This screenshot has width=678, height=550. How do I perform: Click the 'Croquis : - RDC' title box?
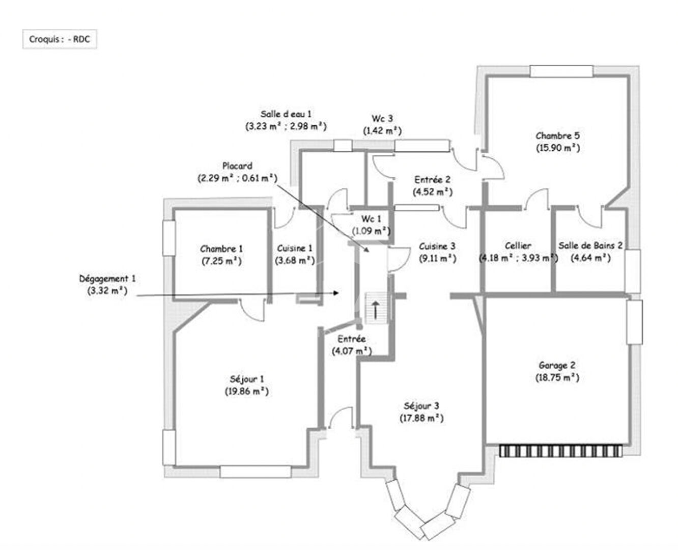click(60, 39)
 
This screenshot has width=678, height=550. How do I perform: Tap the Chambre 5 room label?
click(557, 136)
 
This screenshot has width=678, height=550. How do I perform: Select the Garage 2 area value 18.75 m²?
click(557, 377)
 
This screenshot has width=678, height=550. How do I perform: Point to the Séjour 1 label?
click(247, 379)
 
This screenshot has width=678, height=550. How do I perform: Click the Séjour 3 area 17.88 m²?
click(421, 418)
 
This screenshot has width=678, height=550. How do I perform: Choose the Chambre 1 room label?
click(221, 249)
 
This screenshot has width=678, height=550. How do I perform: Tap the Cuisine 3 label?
click(437, 246)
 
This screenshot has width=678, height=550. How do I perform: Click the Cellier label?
click(518, 246)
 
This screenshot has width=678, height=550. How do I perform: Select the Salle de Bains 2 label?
click(590, 245)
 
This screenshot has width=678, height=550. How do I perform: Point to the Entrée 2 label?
click(432, 180)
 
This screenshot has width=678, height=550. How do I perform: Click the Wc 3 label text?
click(382, 119)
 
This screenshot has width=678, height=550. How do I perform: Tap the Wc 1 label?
click(371, 219)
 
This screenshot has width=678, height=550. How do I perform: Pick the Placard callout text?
click(237, 166)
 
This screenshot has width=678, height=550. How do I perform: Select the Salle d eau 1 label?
click(286, 114)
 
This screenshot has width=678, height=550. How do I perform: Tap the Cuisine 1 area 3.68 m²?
click(295, 260)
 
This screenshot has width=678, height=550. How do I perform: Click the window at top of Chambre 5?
click(561, 71)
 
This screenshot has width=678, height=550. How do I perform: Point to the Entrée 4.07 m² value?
click(352, 351)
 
